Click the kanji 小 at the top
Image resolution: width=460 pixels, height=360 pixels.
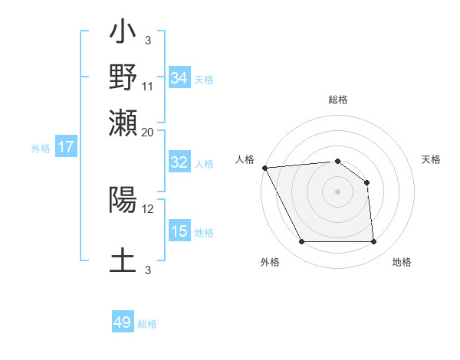pyautogui.click(x=123, y=34)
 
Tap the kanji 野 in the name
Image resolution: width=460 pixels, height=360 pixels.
pyautogui.click(x=123, y=77)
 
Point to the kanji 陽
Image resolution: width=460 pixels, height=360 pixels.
pyautogui.click(x=123, y=200)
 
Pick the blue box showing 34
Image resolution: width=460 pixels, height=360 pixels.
pyautogui.click(x=179, y=77)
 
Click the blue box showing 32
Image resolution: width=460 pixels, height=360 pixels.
pyautogui.click(x=179, y=162)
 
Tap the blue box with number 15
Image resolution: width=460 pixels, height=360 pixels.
pyautogui.click(x=179, y=231)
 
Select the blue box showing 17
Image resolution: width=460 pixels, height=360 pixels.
pyautogui.click(x=65, y=147)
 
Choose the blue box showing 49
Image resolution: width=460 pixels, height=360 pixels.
pyautogui.click(x=123, y=322)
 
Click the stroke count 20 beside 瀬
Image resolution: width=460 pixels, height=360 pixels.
pyautogui.click(x=148, y=133)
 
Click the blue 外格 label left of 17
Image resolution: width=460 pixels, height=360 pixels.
pyautogui.click(x=40, y=149)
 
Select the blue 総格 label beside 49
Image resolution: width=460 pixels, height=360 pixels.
pyautogui.click(x=147, y=324)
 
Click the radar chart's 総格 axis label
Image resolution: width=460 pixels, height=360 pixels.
pyautogui.click(x=338, y=100)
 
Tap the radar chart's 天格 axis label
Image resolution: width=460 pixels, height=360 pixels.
pyautogui.click(x=432, y=159)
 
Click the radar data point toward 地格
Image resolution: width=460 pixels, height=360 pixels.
pyautogui.click(x=374, y=242)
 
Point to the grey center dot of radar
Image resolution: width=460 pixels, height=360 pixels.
pyautogui.click(x=337, y=191)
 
